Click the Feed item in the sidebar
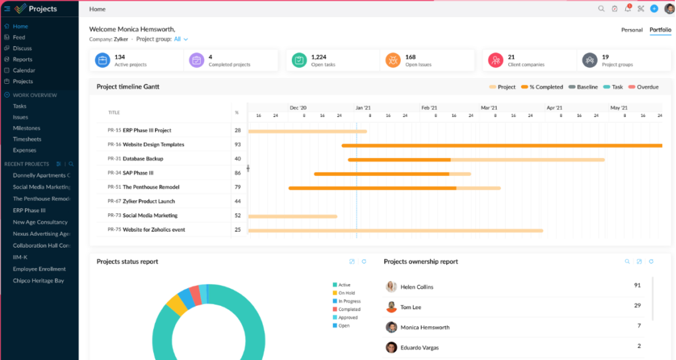(18, 38)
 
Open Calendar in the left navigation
(24, 71)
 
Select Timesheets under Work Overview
(27, 139)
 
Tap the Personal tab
(632, 30)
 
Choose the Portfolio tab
(660, 30)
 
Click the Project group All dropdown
(181, 39)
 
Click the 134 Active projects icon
(102, 60)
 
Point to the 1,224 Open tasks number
(319, 57)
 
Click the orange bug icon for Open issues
(393, 60)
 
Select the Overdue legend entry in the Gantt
(644, 87)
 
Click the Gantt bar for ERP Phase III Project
(307, 131)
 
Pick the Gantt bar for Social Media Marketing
(292, 216)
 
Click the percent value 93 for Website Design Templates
(237, 145)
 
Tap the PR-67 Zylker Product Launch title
(141, 201)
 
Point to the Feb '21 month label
(429, 107)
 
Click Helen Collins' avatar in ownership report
(391, 287)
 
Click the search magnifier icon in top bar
(601, 9)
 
